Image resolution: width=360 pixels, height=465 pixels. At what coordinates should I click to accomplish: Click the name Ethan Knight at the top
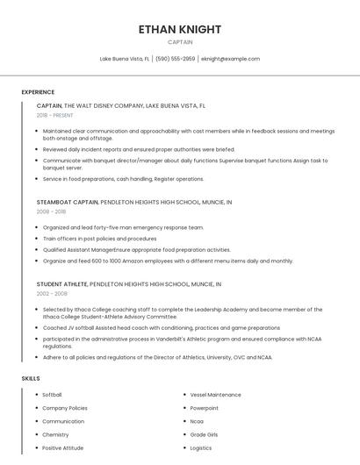(x=180, y=29)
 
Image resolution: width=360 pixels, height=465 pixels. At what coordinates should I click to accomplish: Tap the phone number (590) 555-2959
(x=176, y=59)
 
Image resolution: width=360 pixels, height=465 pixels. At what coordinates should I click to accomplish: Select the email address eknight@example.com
(x=230, y=59)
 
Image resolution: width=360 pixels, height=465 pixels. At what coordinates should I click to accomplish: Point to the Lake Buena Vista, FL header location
(x=124, y=59)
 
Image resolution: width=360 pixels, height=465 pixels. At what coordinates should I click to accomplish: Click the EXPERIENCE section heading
(x=38, y=92)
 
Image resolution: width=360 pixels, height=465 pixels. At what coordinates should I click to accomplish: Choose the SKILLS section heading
(x=31, y=378)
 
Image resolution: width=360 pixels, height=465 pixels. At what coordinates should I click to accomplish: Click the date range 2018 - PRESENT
(x=54, y=115)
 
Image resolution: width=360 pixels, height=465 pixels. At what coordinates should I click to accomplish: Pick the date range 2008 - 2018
(x=51, y=211)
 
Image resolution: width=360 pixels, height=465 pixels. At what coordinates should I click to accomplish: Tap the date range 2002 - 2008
(x=51, y=294)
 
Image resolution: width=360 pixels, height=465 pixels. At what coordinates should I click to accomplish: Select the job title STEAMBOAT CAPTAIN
(x=67, y=202)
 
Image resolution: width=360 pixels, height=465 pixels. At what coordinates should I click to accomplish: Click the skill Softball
(x=52, y=395)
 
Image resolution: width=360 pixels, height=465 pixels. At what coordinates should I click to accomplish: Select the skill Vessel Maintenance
(x=215, y=395)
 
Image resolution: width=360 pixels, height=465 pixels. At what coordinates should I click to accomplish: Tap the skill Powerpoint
(x=204, y=408)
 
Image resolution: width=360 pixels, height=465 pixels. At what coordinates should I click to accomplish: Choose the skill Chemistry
(x=55, y=434)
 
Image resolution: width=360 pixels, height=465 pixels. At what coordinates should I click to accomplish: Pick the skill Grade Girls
(x=204, y=434)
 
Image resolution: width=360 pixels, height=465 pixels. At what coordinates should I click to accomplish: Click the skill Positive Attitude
(x=62, y=447)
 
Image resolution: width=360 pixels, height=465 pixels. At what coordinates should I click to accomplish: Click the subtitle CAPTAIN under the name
(x=180, y=42)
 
